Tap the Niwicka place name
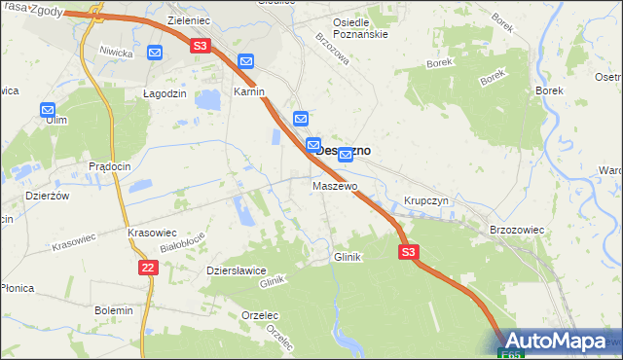coord(115,52)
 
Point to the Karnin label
coord(250,92)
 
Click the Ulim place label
coord(55,120)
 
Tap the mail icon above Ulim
coord(48,111)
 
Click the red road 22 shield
coord(147,268)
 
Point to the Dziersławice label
coord(236,271)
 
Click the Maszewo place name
coord(335,186)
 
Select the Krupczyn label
coord(425,201)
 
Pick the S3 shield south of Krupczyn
coord(409,252)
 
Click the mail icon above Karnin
coord(246,60)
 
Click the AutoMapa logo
coord(559,342)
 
